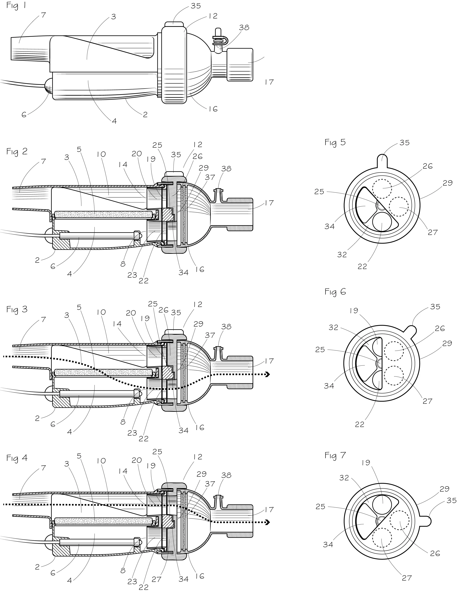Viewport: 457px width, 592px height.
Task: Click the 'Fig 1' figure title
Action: [16, 6]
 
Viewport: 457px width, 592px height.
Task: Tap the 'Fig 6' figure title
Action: [335, 292]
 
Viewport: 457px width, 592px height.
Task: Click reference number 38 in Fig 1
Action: [244, 27]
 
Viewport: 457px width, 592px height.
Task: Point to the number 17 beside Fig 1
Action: [269, 82]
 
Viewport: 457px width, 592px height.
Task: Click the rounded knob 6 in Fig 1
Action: [49, 86]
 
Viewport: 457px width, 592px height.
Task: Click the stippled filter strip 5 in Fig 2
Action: [103, 215]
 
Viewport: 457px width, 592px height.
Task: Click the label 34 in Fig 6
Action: [329, 386]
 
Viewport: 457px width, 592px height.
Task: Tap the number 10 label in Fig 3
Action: [101, 312]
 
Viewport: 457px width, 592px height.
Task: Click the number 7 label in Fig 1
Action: [43, 15]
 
